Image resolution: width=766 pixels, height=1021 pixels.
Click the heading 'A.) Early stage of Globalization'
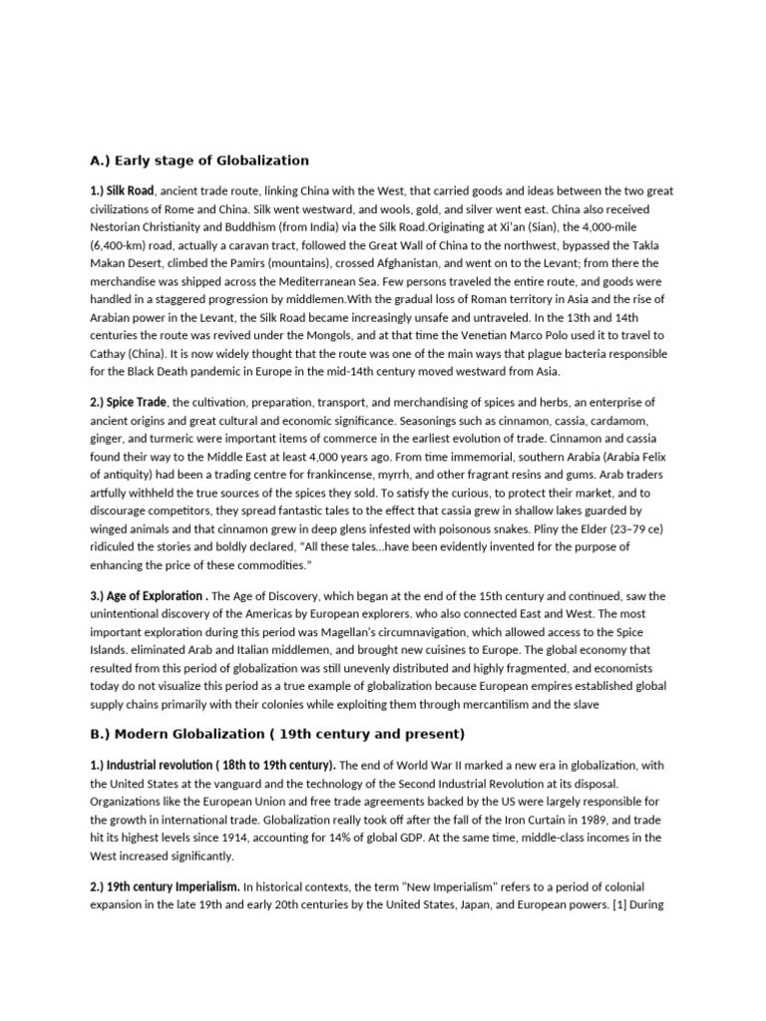coord(199,161)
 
